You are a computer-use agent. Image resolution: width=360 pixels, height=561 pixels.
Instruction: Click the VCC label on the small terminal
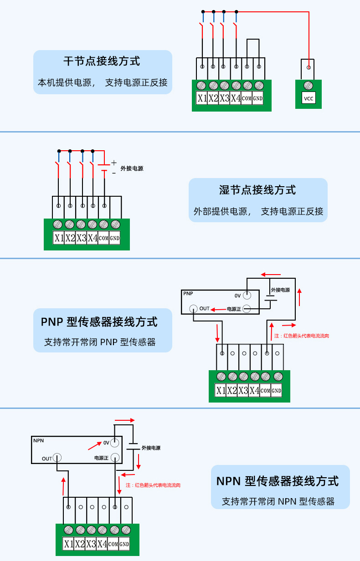click(x=309, y=98)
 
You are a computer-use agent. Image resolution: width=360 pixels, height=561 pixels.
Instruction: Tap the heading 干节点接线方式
click(x=102, y=61)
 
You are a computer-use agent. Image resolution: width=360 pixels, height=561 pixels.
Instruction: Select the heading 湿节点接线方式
click(x=257, y=189)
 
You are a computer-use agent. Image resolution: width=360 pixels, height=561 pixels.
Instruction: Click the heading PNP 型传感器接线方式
click(x=99, y=322)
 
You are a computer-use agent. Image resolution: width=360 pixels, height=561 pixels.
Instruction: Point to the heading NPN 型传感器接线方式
click(x=278, y=481)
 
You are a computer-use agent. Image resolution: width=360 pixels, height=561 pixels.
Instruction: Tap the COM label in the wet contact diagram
click(x=103, y=238)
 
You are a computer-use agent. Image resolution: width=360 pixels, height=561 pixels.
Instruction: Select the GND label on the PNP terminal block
click(x=277, y=391)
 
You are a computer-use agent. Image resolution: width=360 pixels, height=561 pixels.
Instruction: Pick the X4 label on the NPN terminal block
click(x=102, y=544)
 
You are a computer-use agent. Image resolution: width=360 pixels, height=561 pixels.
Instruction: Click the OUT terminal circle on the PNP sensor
click(x=194, y=308)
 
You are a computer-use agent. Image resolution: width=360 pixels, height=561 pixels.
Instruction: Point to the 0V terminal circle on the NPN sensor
click(x=115, y=442)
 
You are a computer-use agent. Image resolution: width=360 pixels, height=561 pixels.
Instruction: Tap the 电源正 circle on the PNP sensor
click(x=246, y=309)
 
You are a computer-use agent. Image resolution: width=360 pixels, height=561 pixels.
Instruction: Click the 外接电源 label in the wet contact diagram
click(x=132, y=168)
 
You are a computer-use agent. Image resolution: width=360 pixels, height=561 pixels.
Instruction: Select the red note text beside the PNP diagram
click(x=302, y=336)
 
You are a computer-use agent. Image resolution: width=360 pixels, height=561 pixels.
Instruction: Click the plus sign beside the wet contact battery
click(x=114, y=163)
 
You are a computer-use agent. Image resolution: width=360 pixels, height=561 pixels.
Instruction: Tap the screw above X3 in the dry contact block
click(x=224, y=85)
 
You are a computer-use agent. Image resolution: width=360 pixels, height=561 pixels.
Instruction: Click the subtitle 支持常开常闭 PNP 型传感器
click(x=100, y=342)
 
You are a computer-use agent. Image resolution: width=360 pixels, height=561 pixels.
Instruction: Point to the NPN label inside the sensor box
click(x=38, y=440)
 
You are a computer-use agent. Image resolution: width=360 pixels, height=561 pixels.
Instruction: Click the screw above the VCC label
click(x=308, y=85)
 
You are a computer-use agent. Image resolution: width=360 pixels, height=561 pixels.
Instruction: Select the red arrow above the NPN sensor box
click(x=124, y=420)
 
